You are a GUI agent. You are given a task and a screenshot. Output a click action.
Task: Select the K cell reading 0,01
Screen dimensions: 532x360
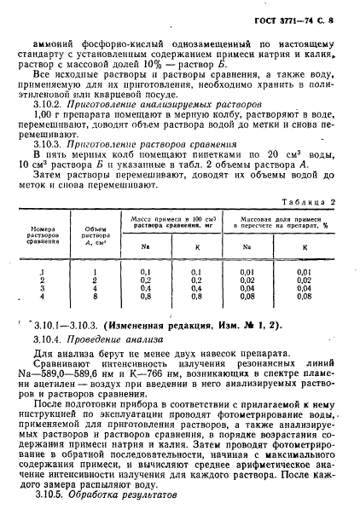tap(302, 270)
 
